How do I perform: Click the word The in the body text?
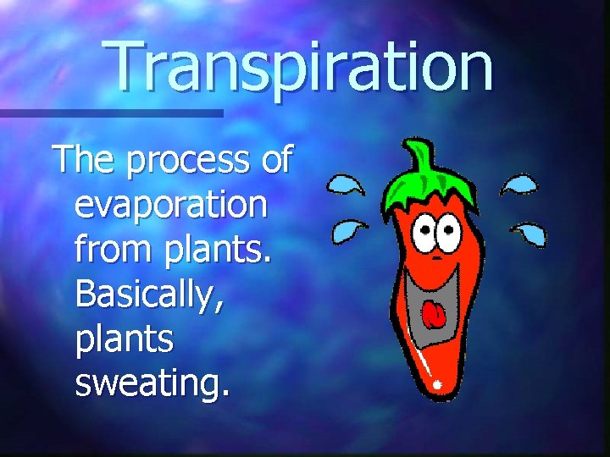(83, 159)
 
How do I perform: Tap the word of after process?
(276, 159)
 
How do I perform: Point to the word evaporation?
(170, 206)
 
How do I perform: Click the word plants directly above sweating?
(124, 339)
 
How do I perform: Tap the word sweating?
(152, 383)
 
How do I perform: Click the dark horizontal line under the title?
(110, 112)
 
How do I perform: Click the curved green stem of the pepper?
(417, 157)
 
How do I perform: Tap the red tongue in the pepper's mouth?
(434, 315)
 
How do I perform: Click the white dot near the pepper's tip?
(438, 386)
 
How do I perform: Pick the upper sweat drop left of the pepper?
(347, 184)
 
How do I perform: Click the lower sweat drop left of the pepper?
(347, 228)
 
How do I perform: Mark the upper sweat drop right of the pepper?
(519, 184)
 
